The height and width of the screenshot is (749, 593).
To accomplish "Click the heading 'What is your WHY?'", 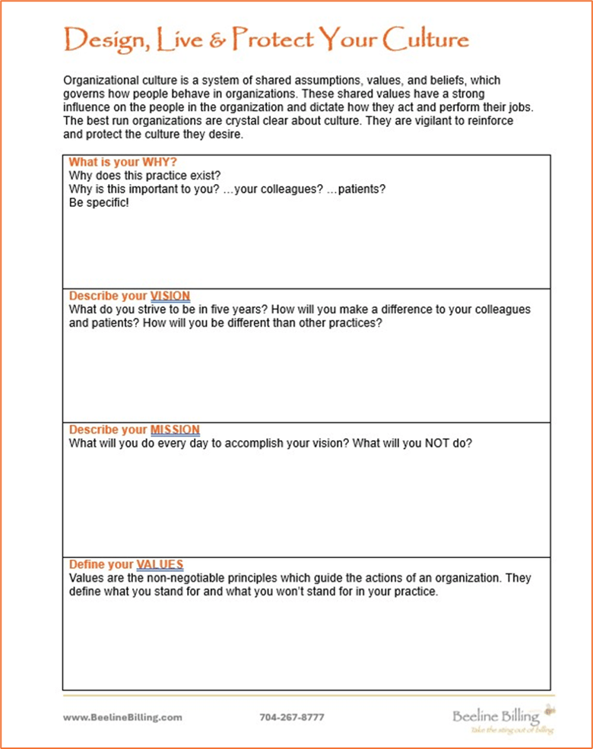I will point(122,162).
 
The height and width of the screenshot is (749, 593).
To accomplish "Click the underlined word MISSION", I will point(175,430).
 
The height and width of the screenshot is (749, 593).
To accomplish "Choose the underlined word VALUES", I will point(160,564).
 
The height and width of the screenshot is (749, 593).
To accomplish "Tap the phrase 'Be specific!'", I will point(99,202).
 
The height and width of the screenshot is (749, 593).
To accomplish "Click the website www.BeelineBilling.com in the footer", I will point(122,717).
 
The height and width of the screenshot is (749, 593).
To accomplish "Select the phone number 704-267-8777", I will point(292,717).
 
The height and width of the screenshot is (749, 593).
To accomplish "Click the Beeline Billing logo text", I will point(496,716).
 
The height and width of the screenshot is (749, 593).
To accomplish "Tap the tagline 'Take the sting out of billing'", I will point(512,730).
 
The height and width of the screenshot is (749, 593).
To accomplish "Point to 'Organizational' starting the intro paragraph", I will point(101,80).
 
